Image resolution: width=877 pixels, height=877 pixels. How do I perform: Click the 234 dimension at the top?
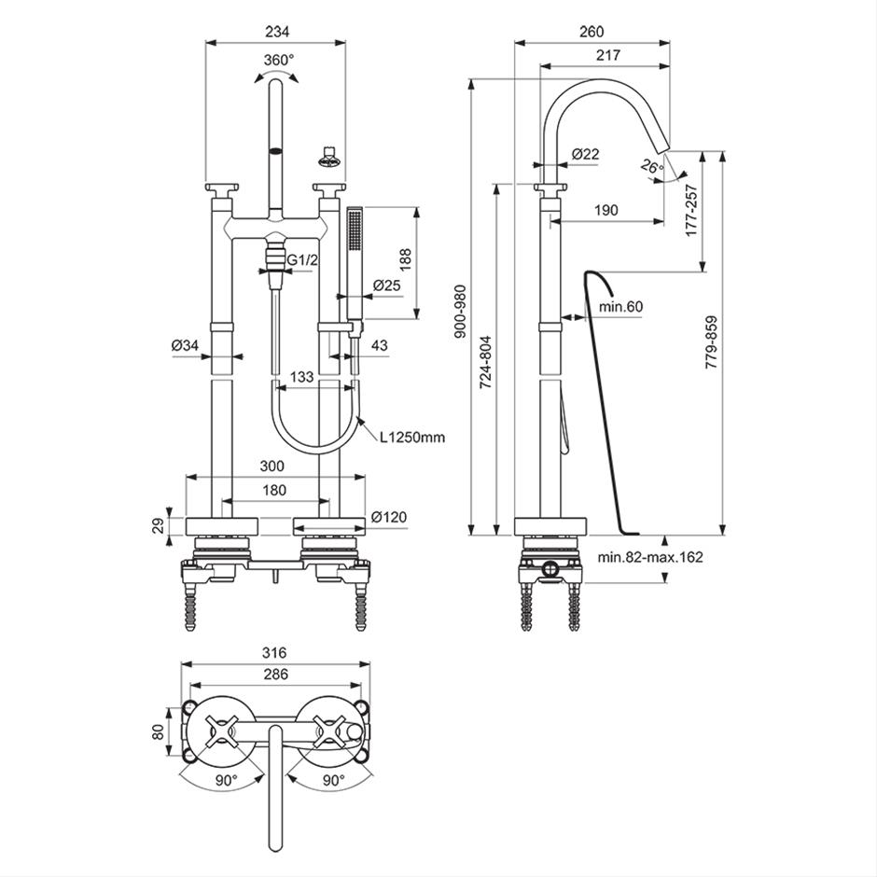tap(277, 32)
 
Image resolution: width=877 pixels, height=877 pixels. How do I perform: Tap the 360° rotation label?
tap(279, 60)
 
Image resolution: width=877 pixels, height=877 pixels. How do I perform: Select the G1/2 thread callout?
tap(302, 260)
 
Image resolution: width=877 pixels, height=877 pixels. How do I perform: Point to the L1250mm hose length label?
tap(412, 437)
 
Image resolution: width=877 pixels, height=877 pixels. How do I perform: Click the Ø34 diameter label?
tap(186, 345)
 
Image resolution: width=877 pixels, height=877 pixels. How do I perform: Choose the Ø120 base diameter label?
tap(389, 517)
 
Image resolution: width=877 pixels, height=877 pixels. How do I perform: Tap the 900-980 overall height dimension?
tap(460, 312)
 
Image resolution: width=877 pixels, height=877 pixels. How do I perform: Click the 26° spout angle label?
tap(652, 167)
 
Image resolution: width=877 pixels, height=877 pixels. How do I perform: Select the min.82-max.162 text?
tap(650, 557)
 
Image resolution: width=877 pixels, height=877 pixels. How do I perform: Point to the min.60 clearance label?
tap(620, 307)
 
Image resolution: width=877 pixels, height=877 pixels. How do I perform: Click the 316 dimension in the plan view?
tap(274, 653)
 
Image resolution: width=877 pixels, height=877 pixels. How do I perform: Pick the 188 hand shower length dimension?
tap(405, 260)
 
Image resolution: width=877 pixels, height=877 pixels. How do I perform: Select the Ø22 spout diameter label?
tap(586, 153)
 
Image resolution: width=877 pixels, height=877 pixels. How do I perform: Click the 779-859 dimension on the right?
tap(711, 342)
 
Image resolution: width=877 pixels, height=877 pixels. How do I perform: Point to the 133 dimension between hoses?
tap(302, 377)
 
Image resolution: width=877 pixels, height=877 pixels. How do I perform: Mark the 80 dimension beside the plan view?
tap(159, 731)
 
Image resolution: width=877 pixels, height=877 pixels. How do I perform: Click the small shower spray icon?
tap(327, 157)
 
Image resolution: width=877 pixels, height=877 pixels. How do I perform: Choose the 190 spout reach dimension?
tap(606, 210)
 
